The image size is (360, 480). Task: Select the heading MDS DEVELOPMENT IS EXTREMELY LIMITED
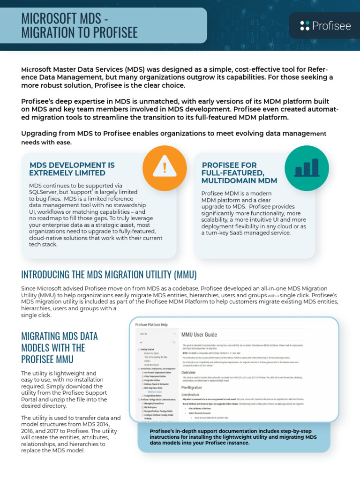tap(72, 169)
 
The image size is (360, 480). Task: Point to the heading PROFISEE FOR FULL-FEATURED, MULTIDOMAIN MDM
tap(239, 172)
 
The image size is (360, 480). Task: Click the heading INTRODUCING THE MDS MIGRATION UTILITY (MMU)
tap(109, 274)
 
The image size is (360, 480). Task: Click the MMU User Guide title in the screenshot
tap(199, 335)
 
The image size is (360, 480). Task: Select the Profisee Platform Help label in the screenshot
tap(151, 324)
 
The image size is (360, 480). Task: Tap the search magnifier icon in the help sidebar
tap(173, 342)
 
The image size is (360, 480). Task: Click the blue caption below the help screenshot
tap(233, 437)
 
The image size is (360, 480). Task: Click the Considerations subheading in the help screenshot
tap(194, 395)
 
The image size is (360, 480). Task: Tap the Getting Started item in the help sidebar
tap(149, 349)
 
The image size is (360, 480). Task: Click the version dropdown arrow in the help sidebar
tap(174, 334)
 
